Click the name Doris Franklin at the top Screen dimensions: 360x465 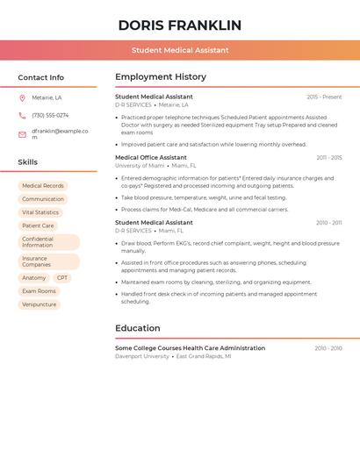tap(180, 25)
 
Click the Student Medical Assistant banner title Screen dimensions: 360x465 tap(180, 50)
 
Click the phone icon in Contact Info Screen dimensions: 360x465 tap(22, 115)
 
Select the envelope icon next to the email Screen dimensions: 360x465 tap(22, 134)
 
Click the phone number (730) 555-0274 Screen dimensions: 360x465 tap(50, 115)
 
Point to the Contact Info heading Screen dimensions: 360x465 tap(41, 77)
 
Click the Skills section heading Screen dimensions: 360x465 tap(28, 161)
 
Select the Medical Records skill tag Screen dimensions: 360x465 tap(43, 186)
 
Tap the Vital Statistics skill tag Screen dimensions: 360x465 tap(40, 212)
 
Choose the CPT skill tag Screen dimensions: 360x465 tap(62, 278)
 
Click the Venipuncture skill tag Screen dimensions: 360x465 tap(40, 304)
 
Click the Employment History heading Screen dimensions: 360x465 tap(161, 76)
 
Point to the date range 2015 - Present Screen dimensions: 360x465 tap(324, 97)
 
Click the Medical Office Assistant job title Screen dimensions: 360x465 tap(151, 158)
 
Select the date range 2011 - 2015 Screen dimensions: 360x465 tap(329, 158)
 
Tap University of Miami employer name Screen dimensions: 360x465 tap(140, 166)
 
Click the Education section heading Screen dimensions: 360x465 tap(138, 328)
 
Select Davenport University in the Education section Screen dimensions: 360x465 tap(142, 356)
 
